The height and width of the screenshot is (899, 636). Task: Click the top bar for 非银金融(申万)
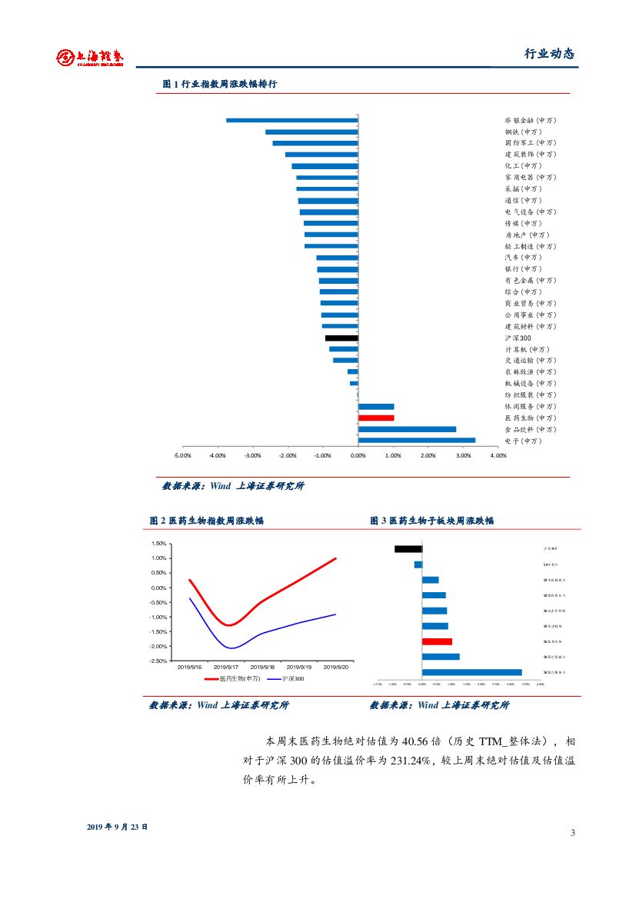(292, 120)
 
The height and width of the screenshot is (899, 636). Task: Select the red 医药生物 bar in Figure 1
(376, 418)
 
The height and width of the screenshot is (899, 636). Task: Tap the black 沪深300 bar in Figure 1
(341, 338)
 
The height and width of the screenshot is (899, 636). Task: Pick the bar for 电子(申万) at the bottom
(417, 441)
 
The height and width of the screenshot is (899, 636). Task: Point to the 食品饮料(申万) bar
(407, 429)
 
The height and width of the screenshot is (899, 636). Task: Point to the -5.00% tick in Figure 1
(182, 455)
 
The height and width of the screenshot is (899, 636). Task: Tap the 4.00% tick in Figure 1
(498, 455)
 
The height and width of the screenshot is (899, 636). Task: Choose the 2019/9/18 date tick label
(262, 667)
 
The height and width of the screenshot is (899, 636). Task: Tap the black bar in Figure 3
(408, 549)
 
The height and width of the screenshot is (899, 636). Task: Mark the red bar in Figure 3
(437, 641)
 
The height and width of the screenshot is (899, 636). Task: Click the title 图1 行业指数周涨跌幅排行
(219, 85)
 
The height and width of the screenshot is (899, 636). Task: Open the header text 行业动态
(549, 54)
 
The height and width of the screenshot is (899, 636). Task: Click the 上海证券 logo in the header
(90, 57)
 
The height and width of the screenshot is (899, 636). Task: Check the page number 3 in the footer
(573, 833)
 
